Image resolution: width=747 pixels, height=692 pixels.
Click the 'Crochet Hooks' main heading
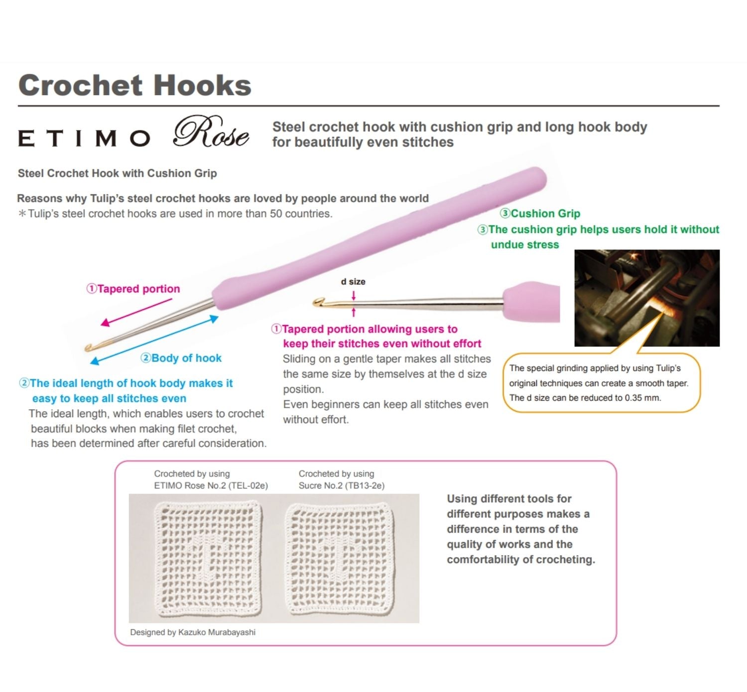tap(134, 85)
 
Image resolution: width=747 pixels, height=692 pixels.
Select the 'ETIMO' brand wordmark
tap(84, 138)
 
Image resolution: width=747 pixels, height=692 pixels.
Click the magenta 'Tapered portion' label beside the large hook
tap(133, 289)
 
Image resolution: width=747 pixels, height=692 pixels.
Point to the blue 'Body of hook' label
tap(181, 358)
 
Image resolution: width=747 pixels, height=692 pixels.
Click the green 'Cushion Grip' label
tap(540, 214)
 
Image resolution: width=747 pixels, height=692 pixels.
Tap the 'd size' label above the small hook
tap(353, 282)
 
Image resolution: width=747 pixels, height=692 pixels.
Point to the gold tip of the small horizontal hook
tap(318, 301)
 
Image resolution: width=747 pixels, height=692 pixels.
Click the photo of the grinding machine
tap(646, 298)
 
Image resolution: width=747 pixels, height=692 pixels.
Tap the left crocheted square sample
tap(208, 558)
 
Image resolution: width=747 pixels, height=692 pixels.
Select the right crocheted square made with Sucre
tap(339, 558)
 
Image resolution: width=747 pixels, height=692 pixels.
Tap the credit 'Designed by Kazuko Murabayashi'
tap(193, 632)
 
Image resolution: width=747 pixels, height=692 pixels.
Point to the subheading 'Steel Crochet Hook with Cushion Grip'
tap(117, 173)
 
